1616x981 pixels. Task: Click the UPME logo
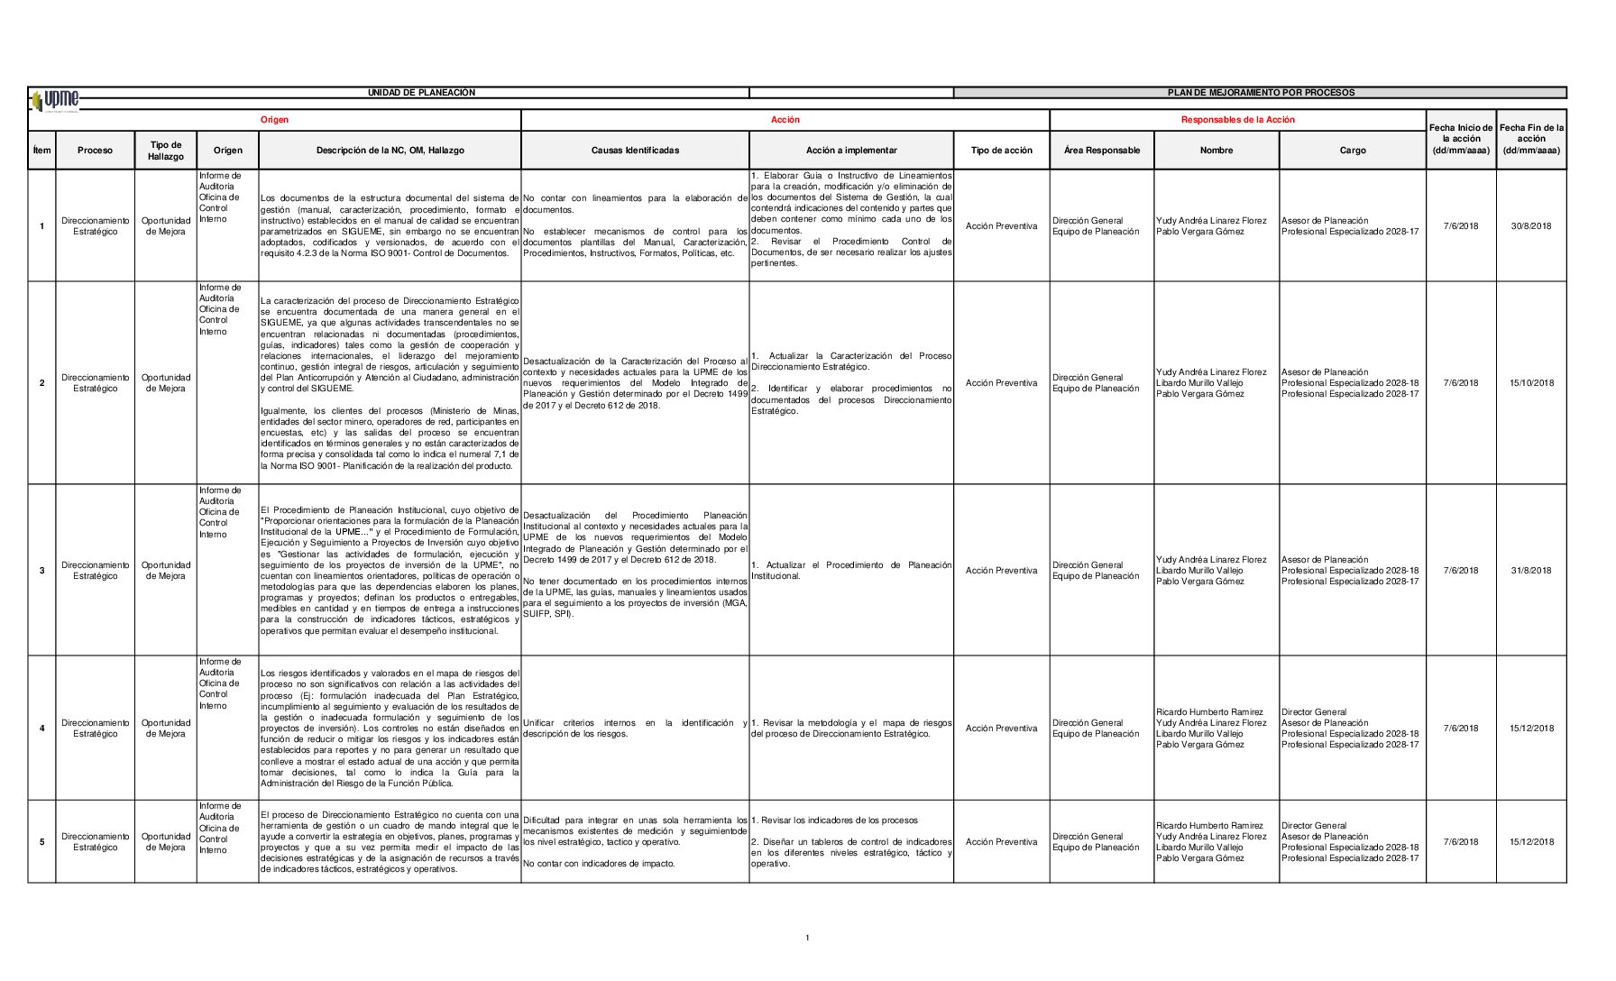(55, 100)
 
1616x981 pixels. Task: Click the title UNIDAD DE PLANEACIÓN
(421, 93)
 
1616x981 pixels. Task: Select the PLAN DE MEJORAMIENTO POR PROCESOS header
(1260, 93)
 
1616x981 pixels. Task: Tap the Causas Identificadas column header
(635, 151)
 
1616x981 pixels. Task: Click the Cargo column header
(1352, 151)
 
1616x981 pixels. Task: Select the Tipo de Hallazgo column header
(166, 151)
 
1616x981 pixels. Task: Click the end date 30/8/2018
(1531, 226)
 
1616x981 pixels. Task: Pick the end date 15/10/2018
(1531, 383)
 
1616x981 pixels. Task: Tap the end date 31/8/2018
(1531, 571)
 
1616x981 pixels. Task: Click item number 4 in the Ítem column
(41, 729)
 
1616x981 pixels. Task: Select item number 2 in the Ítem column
(41, 383)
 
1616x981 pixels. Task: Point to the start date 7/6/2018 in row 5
(1461, 842)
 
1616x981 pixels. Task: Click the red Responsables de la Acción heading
(1237, 120)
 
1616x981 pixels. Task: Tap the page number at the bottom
(807, 939)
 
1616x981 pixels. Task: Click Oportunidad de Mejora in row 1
(166, 226)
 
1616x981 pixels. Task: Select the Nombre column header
(1216, 151)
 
